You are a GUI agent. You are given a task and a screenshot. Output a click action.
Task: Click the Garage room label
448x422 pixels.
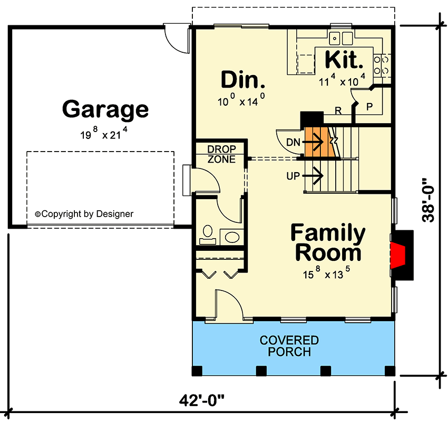coord(105,110)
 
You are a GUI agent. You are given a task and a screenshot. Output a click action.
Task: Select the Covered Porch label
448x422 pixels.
coord(289,346)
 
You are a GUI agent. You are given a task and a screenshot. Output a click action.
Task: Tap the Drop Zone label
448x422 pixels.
coord(221,154)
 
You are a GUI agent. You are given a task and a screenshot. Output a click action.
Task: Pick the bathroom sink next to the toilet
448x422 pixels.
coord(231,236)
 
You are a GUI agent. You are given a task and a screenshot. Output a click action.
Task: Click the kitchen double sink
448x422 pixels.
coord(340,38)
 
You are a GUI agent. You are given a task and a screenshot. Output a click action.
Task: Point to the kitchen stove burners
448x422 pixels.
coord(382,64)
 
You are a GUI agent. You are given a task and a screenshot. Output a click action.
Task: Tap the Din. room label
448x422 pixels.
coord(242,80)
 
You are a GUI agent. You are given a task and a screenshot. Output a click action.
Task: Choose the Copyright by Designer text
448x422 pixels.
coord(84,214)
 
